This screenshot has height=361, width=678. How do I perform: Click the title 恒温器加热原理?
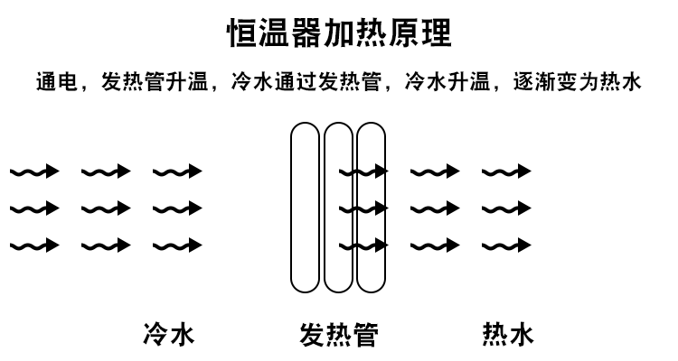coord(338,33)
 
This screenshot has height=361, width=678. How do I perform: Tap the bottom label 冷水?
coord(169,336)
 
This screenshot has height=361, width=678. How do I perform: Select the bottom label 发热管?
coord(338,336)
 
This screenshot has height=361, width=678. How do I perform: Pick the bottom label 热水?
coord(508,336)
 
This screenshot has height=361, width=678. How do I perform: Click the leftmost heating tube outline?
coord(305,208)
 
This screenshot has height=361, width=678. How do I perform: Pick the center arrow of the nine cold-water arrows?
coord(105,208)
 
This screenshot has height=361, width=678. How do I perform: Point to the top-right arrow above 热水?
coord(506,171)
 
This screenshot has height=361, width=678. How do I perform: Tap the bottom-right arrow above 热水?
coord(506,245)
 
